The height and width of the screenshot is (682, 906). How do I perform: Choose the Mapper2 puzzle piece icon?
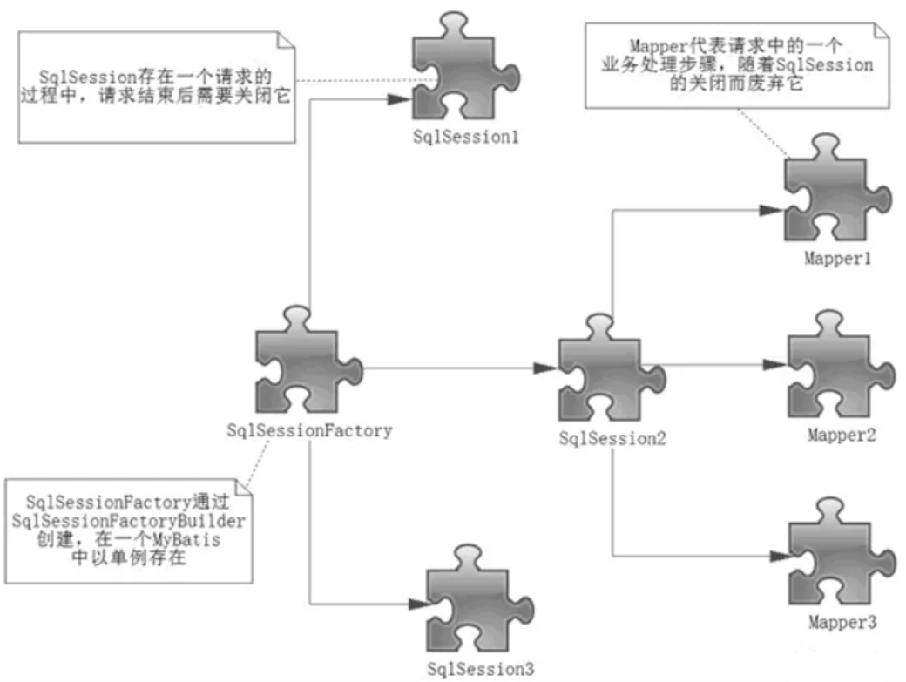pyautogui.click(x=829, y=367)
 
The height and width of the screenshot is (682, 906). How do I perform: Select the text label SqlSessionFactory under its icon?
pyautogui.click(x=309, y=429)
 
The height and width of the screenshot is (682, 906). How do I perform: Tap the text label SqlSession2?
pyautogui.click(x=612, y=440)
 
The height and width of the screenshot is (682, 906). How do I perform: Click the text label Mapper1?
pyautogui.click(x=837, y=259)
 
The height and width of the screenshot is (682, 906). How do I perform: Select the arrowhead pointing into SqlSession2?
pyautogui.click(x=547, y=369)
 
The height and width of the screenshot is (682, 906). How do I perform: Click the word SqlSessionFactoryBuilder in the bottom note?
pyautogui.click(x=129, y=520)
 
